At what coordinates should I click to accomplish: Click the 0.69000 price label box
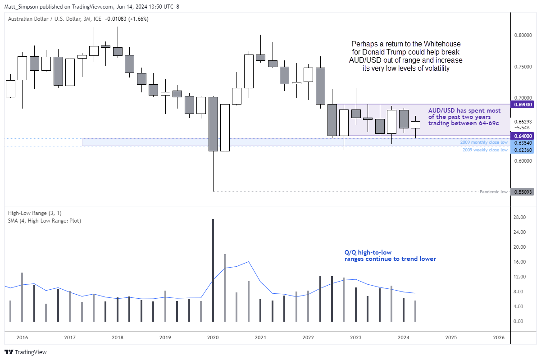point(522,104)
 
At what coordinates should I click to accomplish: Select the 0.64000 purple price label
point(522,136)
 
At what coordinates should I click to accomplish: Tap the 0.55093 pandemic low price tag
point(522,192)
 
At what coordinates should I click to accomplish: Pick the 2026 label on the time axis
point(499,337)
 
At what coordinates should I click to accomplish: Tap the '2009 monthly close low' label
point(484,142)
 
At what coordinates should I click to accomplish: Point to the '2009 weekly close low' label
point(485,150)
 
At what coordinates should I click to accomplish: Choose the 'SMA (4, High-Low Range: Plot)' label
point(44,221)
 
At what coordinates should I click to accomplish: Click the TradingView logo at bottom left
point(26,352)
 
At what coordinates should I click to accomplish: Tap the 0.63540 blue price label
point(522,143)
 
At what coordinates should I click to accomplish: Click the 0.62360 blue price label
point(522,150)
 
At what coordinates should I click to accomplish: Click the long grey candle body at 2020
point(213,124)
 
